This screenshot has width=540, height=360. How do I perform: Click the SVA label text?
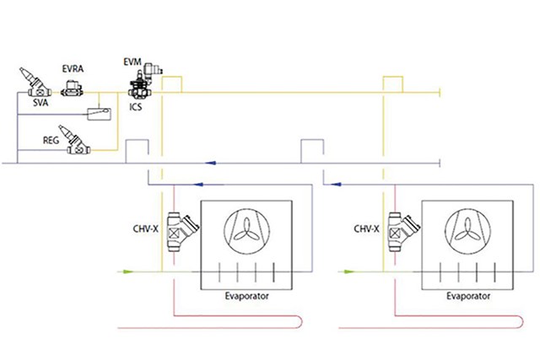[40, 103]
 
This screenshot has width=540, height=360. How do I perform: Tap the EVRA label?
[73, 69]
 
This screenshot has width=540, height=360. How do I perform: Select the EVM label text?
[132, 62]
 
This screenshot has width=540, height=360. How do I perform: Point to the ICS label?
[136, 107]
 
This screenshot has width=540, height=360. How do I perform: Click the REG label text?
[51, 141]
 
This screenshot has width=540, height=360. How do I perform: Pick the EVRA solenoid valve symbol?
[72, 89]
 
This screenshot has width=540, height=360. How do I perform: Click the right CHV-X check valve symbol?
[403, 232]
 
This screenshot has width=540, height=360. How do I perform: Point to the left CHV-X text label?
[146, 228]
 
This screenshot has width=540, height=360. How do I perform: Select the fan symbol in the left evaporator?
[246, 231]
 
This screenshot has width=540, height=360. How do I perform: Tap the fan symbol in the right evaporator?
[467, 231]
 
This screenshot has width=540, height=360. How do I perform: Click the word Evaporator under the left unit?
[246, 296]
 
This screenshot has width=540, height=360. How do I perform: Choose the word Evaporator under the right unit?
[468, 296]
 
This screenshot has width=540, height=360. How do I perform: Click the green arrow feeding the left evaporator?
[127, 271]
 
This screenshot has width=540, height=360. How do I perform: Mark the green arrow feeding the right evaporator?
[348, 271]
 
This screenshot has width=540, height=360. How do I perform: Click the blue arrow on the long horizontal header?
[210, 163]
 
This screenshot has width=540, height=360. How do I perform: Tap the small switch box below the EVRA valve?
[100, 115]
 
